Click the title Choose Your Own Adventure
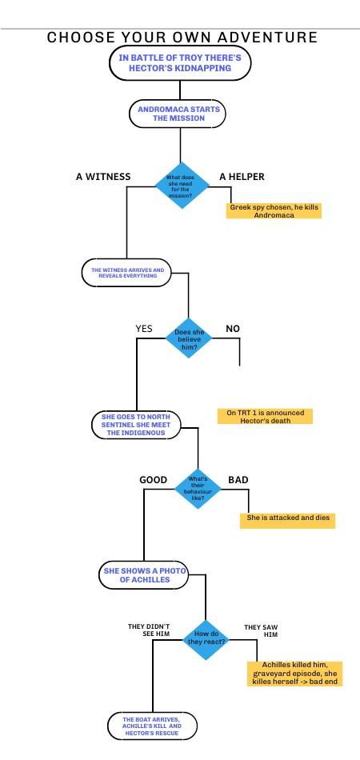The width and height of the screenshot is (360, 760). point(182,38)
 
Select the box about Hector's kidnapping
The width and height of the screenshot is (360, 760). point(180,63)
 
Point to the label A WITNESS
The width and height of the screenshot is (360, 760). point(103,176)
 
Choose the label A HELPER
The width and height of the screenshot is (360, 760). point(242,176)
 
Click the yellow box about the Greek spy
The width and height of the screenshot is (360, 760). point(274,211)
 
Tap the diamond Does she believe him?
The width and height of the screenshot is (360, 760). point(188,338)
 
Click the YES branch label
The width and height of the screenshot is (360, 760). point(144,328)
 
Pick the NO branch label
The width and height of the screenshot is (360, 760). point(233,328)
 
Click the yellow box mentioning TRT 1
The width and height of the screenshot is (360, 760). point(265,416)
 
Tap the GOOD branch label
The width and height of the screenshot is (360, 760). point(154,480)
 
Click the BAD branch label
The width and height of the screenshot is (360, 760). point(238,480)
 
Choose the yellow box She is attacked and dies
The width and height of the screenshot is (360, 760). point(287,520)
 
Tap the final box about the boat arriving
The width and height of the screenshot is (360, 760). point(153,725)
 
